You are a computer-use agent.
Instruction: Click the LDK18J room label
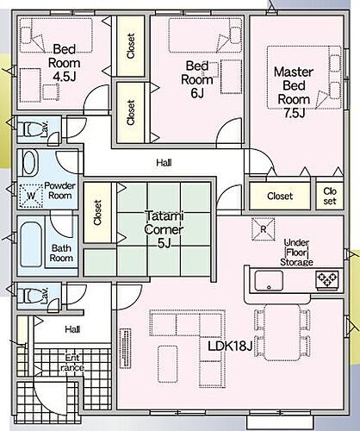pyautogui.click(x=230, y=347)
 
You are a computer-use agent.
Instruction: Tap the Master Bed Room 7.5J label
pyautogui.click(x=294, y=92)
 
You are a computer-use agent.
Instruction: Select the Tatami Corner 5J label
pyautogui.click(x=164, y=229)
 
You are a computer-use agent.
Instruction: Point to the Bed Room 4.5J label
pyautogui.click(x=65, y=63)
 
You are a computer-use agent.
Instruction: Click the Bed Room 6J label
pyautogui.click(x=197, y=79)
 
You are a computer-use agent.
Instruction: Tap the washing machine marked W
pyautogui.click(x=31, y=196)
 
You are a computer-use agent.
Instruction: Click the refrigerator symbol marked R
pyautogui.click(x=264, y=229)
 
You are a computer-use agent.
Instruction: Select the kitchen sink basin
pyautogui.click(x=269, y=281)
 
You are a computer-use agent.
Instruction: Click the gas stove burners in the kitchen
pyautogui.click(x=327, y=279)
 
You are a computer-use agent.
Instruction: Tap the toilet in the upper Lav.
pyautogui.click(x=30, y=129)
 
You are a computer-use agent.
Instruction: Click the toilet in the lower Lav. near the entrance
pyautogui.click(x=30, y=296)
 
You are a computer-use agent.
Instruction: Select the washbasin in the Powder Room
pyautogui.click(x=30, y=163)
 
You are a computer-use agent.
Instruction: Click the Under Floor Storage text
pyautogui.click(x=296, y=253)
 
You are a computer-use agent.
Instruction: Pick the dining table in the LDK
pyautogui.click(x=283, y=333)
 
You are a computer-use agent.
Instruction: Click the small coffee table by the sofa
pyautogui.click(x=168, y=364)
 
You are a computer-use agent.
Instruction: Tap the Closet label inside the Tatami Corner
pyautogui.click(x=97, y=213)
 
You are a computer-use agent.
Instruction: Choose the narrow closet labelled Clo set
pyautogui.click(x=330, y=196)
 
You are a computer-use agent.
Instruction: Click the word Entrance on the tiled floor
pyautogui.click(x=72, y=363)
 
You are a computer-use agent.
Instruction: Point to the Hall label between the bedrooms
pyautogui.click(x=164, y=163)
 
